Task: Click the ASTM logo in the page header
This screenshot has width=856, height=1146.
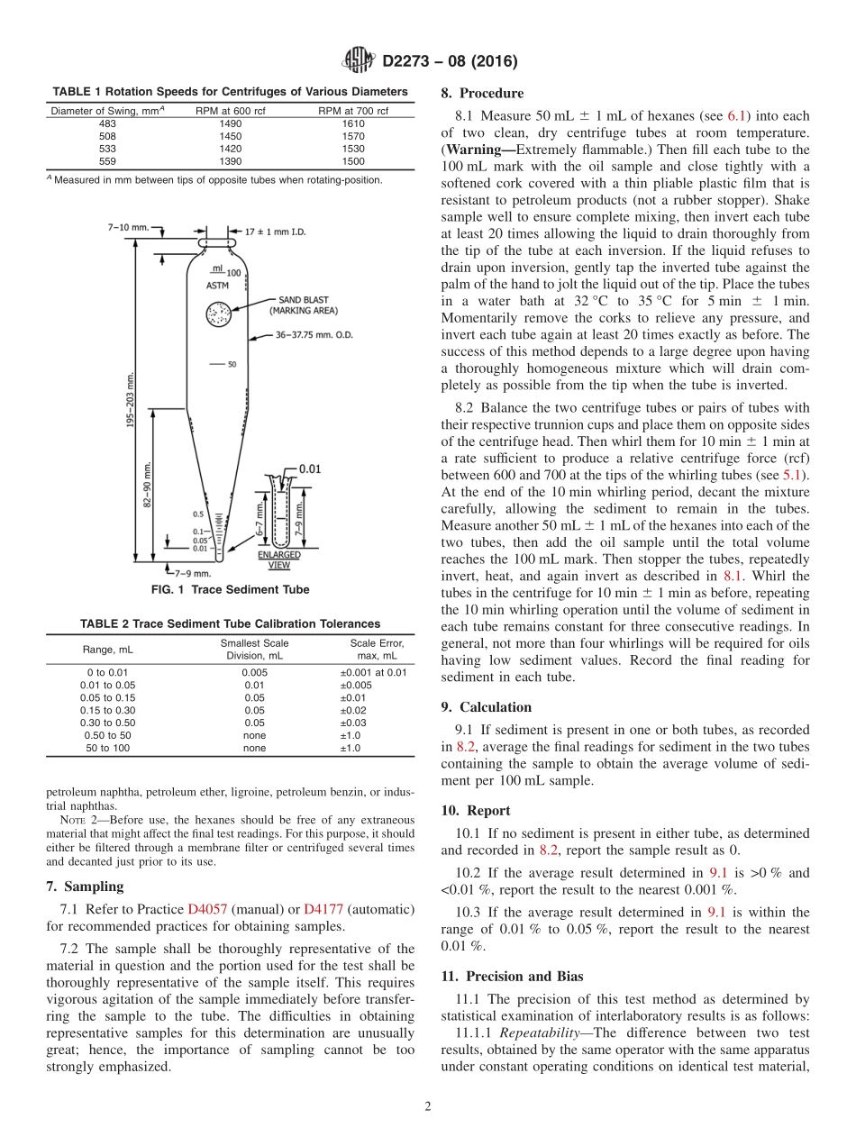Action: click(360, 61)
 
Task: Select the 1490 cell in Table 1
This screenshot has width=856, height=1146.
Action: click(231, 123)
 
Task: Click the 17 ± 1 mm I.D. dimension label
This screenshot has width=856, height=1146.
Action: click(276, 232)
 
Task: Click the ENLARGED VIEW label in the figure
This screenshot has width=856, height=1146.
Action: click(279, 559)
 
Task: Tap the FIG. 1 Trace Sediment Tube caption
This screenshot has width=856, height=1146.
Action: click(230, 590)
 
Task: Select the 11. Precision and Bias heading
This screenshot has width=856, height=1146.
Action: click(512, 976)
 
